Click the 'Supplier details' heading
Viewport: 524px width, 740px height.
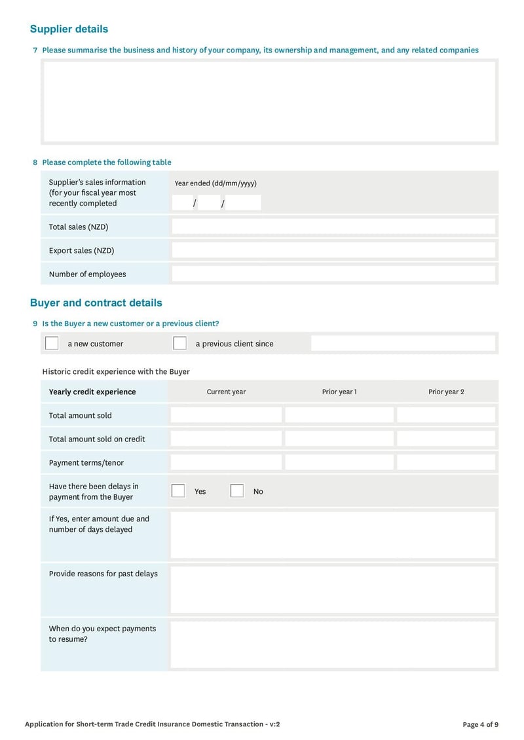coord(69,29)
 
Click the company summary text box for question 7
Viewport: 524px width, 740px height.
coord(269,102)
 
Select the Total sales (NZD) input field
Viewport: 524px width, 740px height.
coord(333,227)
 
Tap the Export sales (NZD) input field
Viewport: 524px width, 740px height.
coord(333,250)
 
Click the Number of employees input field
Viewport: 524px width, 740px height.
coord(333,274)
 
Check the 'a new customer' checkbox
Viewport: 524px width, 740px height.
coord(52,343)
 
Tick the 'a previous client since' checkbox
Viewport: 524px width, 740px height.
coord(179,343)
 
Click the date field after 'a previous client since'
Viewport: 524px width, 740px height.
coord(403,343)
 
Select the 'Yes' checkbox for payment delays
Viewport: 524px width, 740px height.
coord(178,491)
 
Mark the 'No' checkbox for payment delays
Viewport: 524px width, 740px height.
coord(237,491)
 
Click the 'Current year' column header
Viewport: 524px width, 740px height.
coord(226,392)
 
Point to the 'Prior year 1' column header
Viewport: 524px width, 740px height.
coord(339,392)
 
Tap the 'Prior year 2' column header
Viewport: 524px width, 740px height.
coord(446,392)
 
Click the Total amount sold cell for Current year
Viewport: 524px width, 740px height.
coord(226,415)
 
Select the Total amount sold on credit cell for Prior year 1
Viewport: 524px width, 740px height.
coord(339,439)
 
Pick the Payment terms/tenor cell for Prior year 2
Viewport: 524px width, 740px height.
coord(446,462)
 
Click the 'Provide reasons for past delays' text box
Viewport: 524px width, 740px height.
coord(333,589)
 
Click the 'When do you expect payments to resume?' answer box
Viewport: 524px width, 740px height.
coord(333,644)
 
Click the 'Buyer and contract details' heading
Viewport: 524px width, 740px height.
coord(96,303)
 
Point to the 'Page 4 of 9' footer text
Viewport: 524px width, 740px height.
coord(480,724)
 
